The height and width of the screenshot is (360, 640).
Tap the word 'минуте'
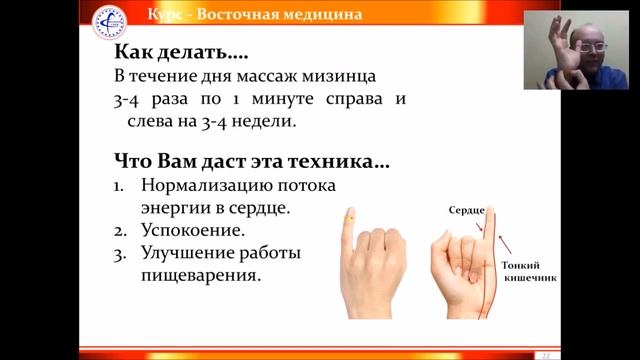point(282,100)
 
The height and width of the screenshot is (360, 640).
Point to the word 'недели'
point(268,121)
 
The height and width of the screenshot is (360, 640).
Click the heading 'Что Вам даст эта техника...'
point(250,161)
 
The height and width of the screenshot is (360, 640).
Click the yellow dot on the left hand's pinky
point(350,216)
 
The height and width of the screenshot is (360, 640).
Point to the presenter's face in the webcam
point(591,50)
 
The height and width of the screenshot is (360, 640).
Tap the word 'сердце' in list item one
point(262,208)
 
